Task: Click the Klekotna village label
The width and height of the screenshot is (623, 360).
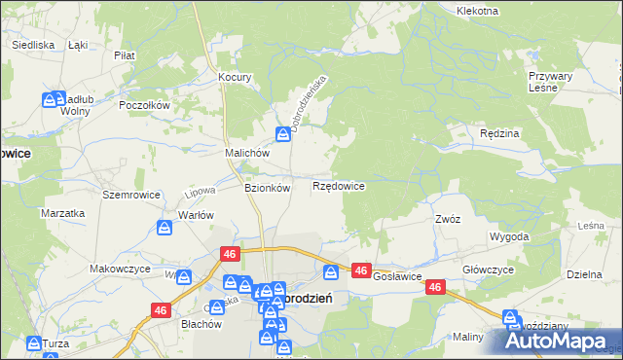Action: tap(477, 11)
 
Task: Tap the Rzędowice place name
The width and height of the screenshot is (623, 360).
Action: tap(339, 185)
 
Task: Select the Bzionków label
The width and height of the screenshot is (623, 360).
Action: tap(267, 188)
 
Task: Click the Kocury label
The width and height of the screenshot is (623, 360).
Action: tap(236, 77)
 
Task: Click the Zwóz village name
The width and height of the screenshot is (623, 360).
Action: tap(448, 219)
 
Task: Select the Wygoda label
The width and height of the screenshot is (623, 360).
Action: tap(510, 236)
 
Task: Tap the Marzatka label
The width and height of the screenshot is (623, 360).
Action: tap(59, 212)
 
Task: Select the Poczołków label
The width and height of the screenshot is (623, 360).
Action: tap(144, 105)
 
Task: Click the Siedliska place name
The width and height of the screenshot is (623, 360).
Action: tap(32, 45)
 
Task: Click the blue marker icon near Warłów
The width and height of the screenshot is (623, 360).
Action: tap(165, 228)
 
